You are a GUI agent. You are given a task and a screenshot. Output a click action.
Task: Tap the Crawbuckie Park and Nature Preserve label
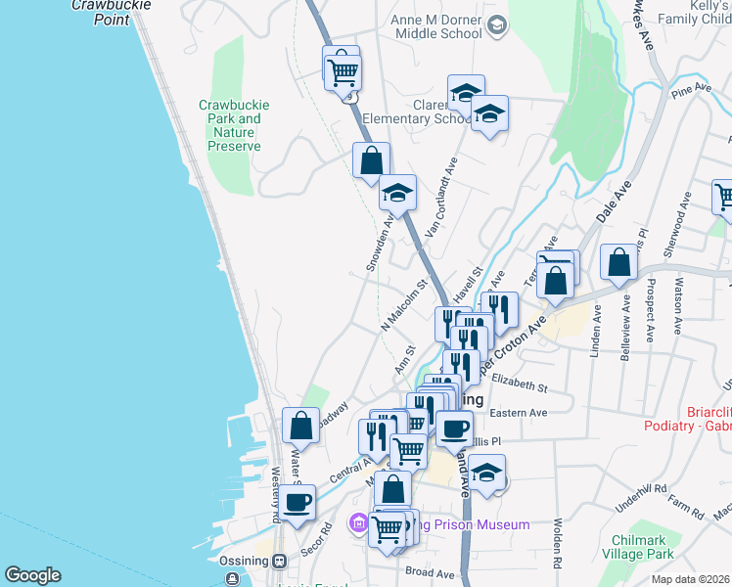click(235, 125)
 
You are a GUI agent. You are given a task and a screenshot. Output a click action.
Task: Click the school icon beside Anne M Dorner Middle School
click(497, 24)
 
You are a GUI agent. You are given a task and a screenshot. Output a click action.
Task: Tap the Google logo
click(32, 575)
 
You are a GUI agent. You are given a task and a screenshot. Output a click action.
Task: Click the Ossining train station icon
click(280, 562)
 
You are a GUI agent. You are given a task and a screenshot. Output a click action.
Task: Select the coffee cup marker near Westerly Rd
click(298, 503)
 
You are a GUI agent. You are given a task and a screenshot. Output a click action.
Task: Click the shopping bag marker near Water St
click(300, 426)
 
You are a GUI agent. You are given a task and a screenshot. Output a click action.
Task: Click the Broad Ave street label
click(431, 572)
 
